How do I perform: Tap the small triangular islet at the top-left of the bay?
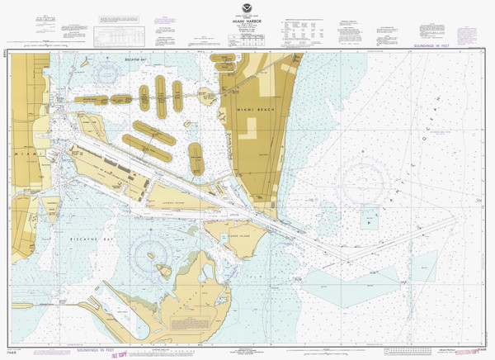point(84,61)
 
